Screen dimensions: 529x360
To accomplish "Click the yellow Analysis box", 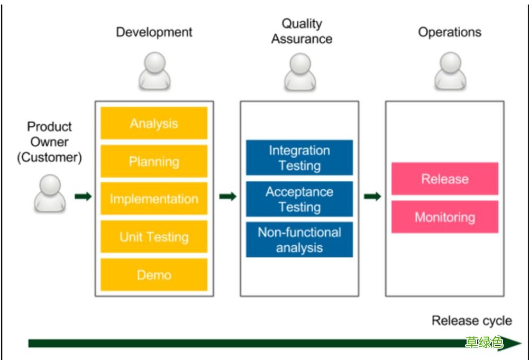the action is [x=154, y=123].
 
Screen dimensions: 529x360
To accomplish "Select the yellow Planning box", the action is [x=154, y=161].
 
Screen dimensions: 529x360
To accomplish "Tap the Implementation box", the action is [x=154, y=199].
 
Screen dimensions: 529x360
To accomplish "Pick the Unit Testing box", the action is [x=154, y=237].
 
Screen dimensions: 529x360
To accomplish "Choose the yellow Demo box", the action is [x=154, y=275].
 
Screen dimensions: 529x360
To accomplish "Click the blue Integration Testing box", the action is [x=299, y=158].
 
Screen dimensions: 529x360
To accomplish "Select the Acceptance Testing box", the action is [x=299, y=199].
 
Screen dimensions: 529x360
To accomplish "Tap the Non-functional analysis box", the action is [x=299, y=239].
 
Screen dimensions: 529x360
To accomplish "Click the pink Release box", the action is [x=445, y=179].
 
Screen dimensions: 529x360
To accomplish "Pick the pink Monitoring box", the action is [x=445, y=217].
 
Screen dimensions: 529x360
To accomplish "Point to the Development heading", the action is [x=154, y=32].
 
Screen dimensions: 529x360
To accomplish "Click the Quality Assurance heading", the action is [x=302, y=31].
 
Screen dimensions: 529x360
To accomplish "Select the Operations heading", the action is [x=449, y=32].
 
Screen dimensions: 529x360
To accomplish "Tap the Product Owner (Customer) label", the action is [x=50, y=142].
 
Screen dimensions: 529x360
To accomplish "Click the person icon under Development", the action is [x=154, y=71].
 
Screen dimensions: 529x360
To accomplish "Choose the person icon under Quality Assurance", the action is [x=300, y=71].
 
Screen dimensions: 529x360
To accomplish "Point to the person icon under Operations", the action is [x=450, y=71].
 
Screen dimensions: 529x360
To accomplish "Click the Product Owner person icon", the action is [x=50, y=193].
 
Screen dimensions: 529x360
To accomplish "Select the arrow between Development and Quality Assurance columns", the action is [x=227, y=196].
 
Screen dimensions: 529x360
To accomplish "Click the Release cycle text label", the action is [x=472, y=320].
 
